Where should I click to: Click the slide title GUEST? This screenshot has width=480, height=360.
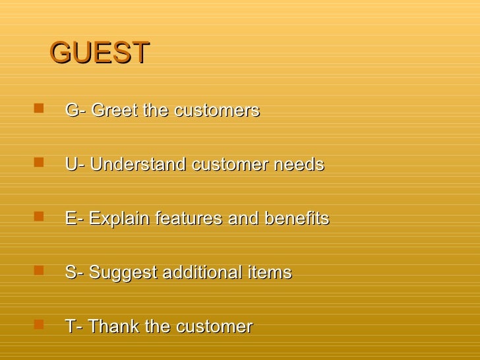click(x=100, y=53)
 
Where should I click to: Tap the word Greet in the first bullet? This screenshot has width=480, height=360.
click(x=115, y=111)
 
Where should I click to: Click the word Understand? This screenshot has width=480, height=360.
click(x=138, y=165)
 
